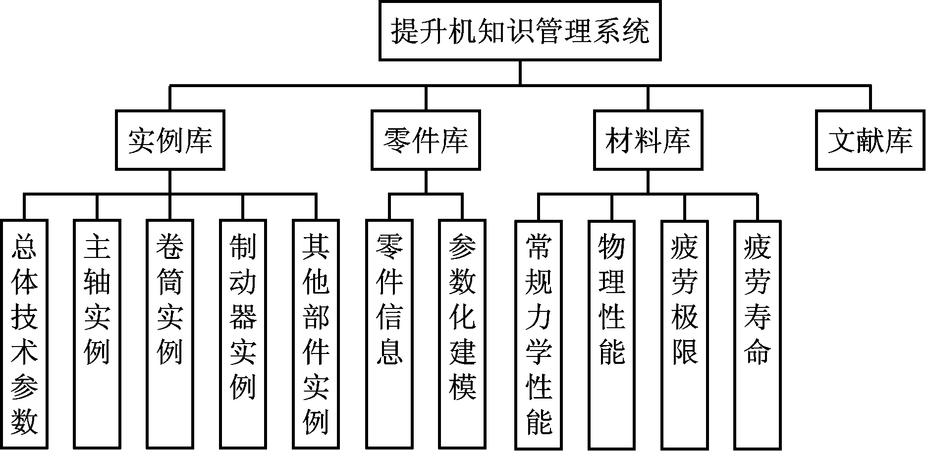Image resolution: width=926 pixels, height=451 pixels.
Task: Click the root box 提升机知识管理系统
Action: pyautogui.click(x=520, y=31)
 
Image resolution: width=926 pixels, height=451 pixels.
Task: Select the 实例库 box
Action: pyautogui.click(x=170, y=140)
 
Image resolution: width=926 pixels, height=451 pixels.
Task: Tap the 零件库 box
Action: pyautogui.click(x=426, y=140)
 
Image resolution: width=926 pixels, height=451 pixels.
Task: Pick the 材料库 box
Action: pyautogui.click(x=648, y=140)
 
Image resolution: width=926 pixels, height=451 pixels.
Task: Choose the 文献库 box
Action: pyautogui.click(x=871, y=140)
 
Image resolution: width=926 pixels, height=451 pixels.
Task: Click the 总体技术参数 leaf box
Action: pyautogui.click(x=24, y=334)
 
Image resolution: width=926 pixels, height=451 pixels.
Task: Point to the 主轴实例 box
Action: pyautogui.click(x=97, y=334)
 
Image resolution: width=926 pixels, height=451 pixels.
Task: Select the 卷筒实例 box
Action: pyautogui.click(x=170, y=334)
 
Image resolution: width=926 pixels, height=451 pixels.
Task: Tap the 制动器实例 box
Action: pyautogui.click(x=243, y=334)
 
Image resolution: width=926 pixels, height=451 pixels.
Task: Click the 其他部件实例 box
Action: pyautogui.click(x=316, y=334)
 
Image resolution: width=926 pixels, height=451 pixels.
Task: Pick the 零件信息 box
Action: pyautogui.click(x=389, y=334)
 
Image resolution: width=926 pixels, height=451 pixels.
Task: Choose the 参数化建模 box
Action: pyautogui.click(x=462, y=334)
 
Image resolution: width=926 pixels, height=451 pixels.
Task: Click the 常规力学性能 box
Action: pyautogui.click(x=539, y=334)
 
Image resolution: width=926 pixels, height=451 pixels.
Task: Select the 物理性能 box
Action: pyautogui.click(x=612, y=334)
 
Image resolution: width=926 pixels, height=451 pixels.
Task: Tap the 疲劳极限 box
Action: pyautogui.click(x=685, y=334)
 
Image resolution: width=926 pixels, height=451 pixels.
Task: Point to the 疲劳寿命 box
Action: pyautogui.click(x=758, y=334)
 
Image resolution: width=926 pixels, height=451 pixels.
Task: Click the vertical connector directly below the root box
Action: pyautogui.click(x=520, y=73)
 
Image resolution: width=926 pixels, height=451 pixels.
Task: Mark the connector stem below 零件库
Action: pyautogui.click(x=426, y=181)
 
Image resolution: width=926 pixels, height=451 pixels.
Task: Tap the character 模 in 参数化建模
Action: pyautogui.click(x=462, y=386)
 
